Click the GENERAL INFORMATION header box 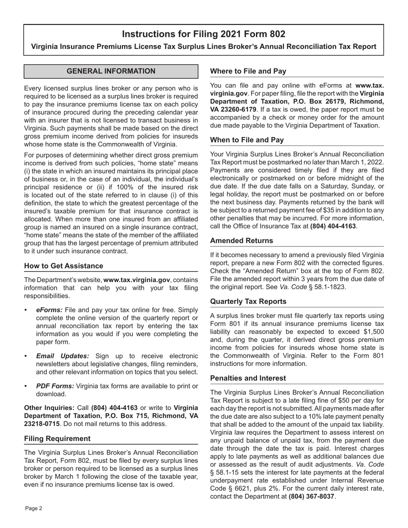pos(111,71)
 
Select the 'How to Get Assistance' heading pos(64,266)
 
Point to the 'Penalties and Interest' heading pos(247,378)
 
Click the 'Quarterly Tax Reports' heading pos(248,301)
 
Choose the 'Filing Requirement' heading pos(57,438)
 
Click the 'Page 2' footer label pos(33,509)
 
